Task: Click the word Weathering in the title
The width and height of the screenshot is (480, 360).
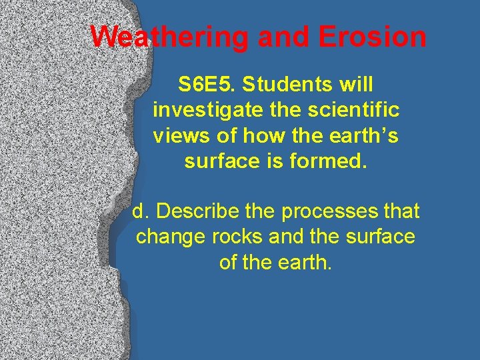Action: pos(170,37)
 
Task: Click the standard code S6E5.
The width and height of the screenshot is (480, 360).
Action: pos(207,85)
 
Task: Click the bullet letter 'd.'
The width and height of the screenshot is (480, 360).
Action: pos(140,211)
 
